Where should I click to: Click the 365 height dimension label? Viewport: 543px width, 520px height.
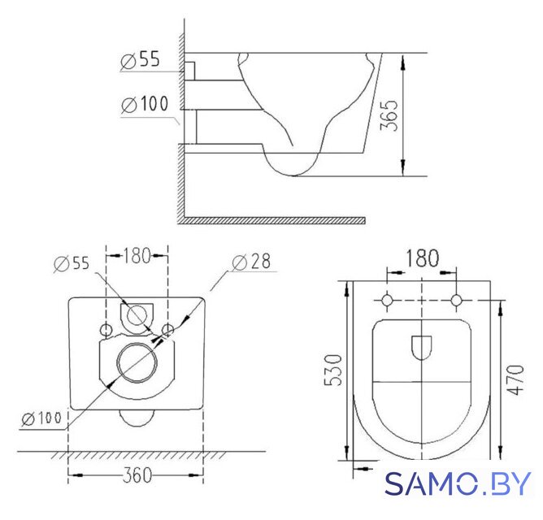[x=389, y=115]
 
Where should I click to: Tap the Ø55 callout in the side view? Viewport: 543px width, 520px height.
[x=141, y=59]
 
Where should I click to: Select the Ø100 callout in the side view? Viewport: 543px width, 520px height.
[x=145, y=104]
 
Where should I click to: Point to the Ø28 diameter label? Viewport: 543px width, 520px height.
[x=251, y=262]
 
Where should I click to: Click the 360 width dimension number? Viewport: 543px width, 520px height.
[x=137, y=475]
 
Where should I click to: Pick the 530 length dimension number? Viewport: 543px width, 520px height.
[x=332, y=370]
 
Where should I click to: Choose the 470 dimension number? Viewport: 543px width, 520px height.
[x=515, y=379]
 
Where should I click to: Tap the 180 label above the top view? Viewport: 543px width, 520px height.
[x=422, y=258]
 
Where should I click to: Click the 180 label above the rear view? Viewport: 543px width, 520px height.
[x=137, y=255]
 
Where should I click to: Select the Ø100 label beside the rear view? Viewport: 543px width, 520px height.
[x=41, y=418]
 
